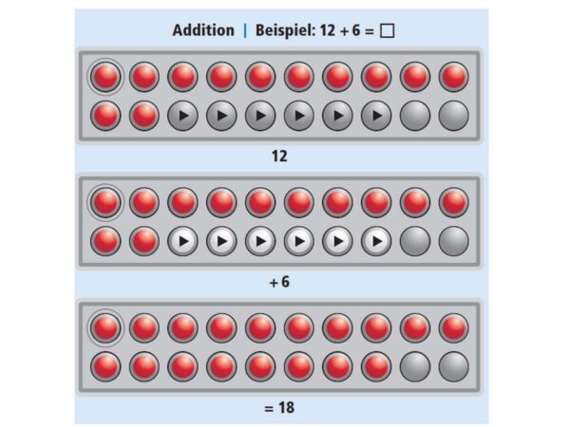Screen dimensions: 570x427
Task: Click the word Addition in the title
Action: click(x=203, y=30)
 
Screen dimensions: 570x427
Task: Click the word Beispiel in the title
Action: click(x=285, y=30)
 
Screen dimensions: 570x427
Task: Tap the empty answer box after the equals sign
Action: click(x=387, y=31)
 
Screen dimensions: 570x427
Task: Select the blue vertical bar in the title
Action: click(x=245, y=30)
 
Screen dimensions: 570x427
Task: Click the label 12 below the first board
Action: click(x=279, y=157)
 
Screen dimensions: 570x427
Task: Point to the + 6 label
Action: click(x=279, y=282)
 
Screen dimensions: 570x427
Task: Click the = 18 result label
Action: click(x=279, y=407)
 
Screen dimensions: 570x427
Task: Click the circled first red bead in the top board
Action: click(x=105, y=77)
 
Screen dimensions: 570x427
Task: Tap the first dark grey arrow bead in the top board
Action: click(x=182, y=116)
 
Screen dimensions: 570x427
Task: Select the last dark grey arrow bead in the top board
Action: click(x=376, y=116)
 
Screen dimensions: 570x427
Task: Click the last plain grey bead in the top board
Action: click(x=454, y=116)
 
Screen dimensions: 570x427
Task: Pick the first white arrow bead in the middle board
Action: click(x=182, y=241)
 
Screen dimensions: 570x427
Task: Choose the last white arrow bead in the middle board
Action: click(x=376, y=241)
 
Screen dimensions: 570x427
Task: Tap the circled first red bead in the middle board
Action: click(x=105, y=203)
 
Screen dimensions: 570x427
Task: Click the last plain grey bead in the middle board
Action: click(x=454, y=241)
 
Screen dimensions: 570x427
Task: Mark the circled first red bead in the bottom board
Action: click(x=105, y=328)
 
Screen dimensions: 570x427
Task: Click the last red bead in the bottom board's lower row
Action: click(x=376, y=366)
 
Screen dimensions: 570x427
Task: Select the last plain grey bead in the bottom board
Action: click(x=454, y=366)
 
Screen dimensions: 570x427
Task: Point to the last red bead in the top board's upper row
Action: click(x=454, y=77)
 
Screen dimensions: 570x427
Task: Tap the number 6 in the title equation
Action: click(x=356, y=30)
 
